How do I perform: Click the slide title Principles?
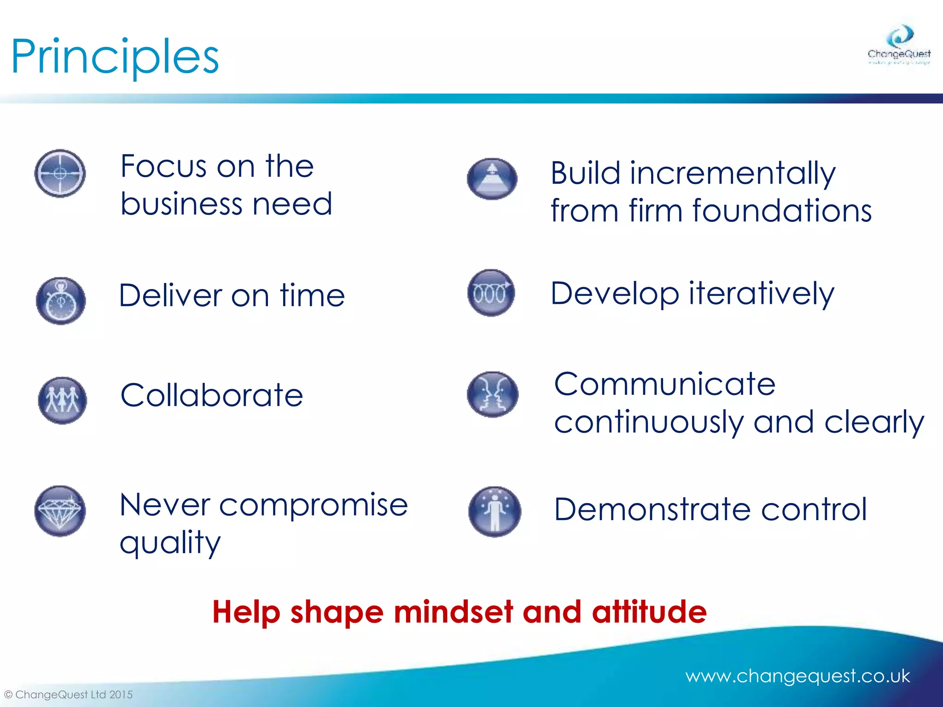click(115, 57)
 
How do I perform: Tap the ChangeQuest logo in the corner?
click(899, 45)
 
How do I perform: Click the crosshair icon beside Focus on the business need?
click(60, 174)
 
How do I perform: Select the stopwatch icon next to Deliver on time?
click(61, 301)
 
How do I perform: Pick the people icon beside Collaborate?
click(62, 400)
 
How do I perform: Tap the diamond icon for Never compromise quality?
click(60, 511)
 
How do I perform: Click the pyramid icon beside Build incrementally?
click(492, 179)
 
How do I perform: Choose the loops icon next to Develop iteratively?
click(491, 293)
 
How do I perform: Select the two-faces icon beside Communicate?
click(492, 394)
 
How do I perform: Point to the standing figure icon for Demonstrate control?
click(495, 511)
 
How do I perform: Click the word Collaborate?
click(211, 395)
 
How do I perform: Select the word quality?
click(170, 544)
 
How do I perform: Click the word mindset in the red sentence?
click(453, 612)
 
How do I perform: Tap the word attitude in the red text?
click(649, 612)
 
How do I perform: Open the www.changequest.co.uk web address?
click(797, 676)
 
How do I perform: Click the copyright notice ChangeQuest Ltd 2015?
click(69, 694)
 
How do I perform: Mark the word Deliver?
click(170, 296)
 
